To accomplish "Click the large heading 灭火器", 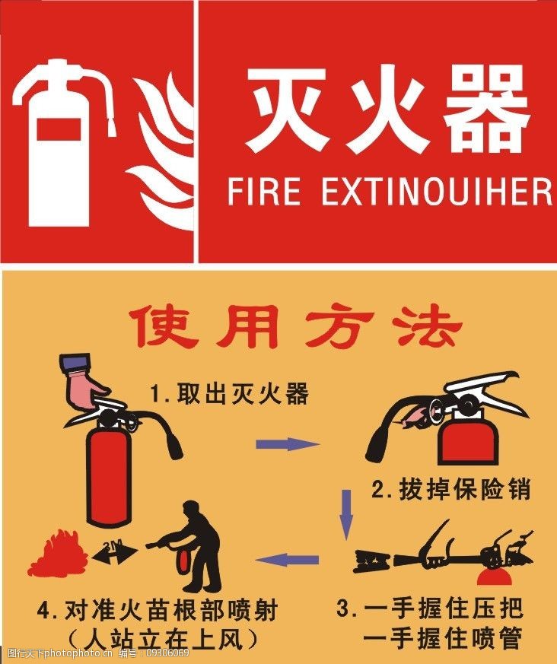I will click(x=387, y=111).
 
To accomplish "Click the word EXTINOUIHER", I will click(x=436, y=191).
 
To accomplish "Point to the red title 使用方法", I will click(x=294, y=328).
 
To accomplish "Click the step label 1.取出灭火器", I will click(x=228, y=394).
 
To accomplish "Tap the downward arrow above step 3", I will click(x=347, y=514).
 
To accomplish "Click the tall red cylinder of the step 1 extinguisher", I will click(x=108, y=475).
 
